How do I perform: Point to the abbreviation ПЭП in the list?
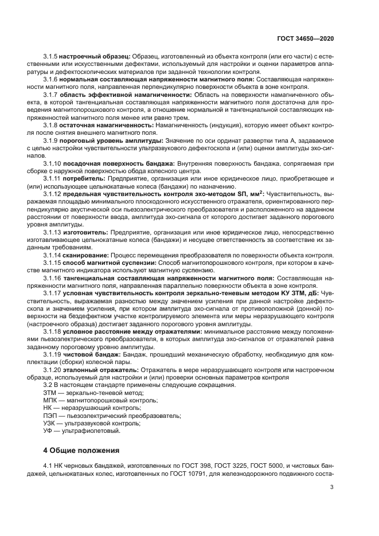tap(50, 415)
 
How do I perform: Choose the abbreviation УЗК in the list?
tap(50, 422)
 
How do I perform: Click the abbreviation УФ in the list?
tap(48, 430)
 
